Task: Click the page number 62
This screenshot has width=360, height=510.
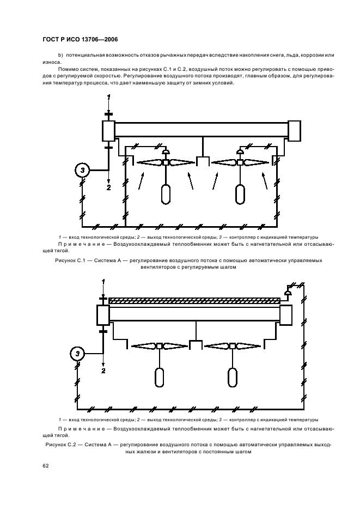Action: (x=45, y=464)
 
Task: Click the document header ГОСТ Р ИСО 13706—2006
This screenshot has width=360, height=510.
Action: (x=80, y=40)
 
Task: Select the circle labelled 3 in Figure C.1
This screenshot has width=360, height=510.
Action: (x=82, y=171)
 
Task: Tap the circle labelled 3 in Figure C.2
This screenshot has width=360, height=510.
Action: (x=78, y=354)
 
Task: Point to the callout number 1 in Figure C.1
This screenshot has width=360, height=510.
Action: (x=108, y=96)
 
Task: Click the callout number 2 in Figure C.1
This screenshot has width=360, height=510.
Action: (x=108, y=187)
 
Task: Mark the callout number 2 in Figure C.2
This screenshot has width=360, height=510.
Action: (x=103, y=371)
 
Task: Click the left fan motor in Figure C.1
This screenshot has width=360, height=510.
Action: (x=166, y=195)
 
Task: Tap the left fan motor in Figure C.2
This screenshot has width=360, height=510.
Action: (x=159, y=377)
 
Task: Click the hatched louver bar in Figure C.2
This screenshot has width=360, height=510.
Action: (x=194, y=300)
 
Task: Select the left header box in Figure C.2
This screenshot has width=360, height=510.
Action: (x=103, y=314)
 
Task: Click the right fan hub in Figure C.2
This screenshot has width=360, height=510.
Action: (x=233, y=346)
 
